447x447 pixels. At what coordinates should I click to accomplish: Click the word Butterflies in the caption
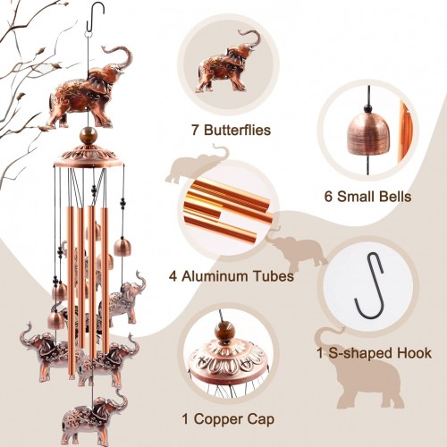point(238,131)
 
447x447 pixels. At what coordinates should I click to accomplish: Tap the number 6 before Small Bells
point(328,197)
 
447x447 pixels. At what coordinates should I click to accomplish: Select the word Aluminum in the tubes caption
point(215,276)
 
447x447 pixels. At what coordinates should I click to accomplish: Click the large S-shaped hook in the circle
point(368,286)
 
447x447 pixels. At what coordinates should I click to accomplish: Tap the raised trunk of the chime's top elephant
point(122,57)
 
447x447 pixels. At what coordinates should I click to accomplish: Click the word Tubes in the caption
point(274,276)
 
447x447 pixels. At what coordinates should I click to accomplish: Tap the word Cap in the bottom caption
point(260,419)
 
